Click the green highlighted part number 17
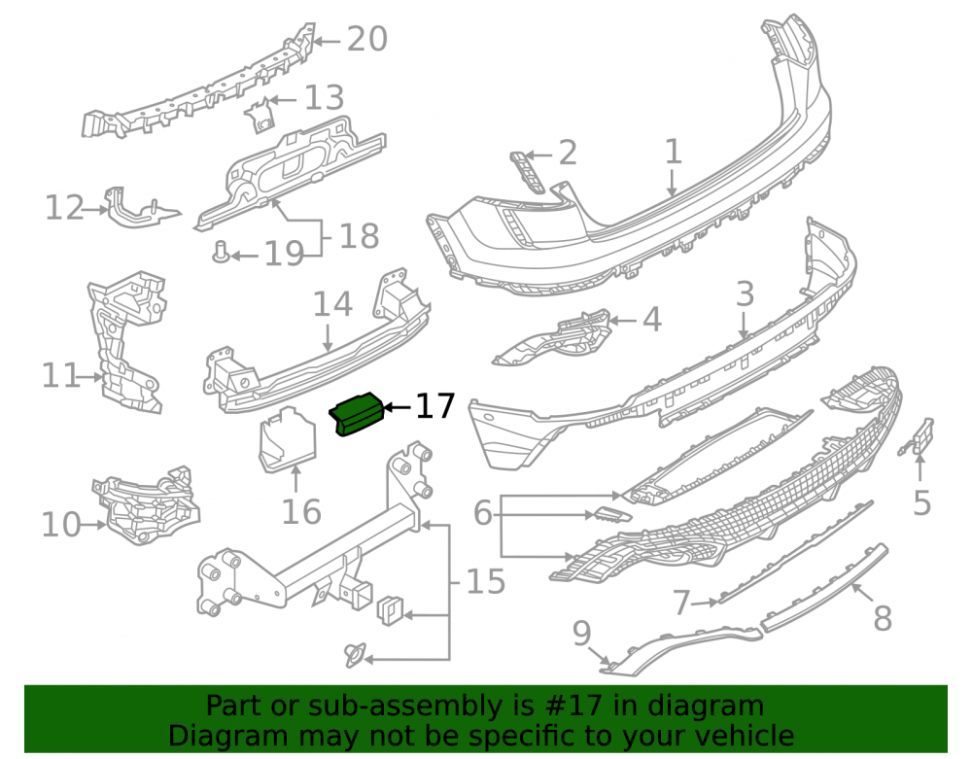357,413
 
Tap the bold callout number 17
435,406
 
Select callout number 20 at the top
367,39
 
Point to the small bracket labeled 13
260,115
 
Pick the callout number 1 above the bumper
674,152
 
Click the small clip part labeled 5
919,437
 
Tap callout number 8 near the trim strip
883,618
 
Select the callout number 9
581,634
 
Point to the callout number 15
485,582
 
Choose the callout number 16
301,512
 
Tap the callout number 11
60,375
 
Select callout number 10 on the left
60,525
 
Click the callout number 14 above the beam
332,304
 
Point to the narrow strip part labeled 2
527,172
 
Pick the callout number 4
651,320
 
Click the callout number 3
745,293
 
